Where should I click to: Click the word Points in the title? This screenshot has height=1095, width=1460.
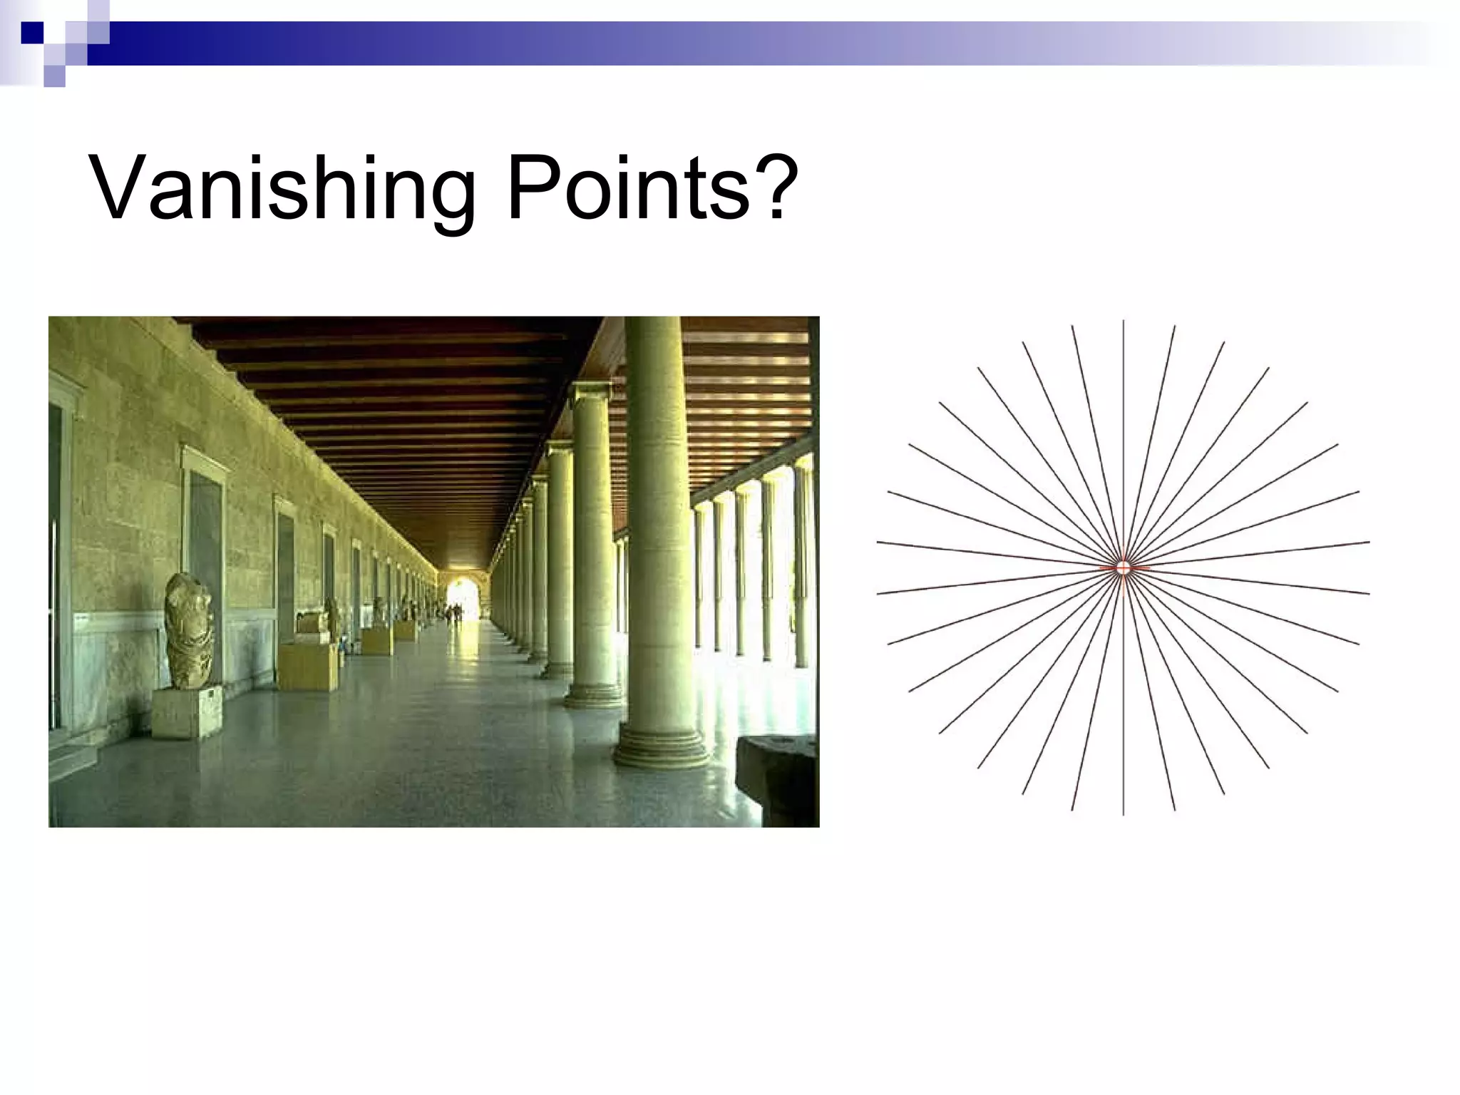(627, 189)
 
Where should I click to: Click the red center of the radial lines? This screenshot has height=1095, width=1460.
(1124, 567)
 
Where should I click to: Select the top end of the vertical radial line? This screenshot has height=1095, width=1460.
(1124, 322)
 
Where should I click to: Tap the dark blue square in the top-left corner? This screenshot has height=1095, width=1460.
(32, 32)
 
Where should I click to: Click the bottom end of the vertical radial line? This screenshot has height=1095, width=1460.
(1124, 813)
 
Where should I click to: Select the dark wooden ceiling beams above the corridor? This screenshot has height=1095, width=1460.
(399, 399)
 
